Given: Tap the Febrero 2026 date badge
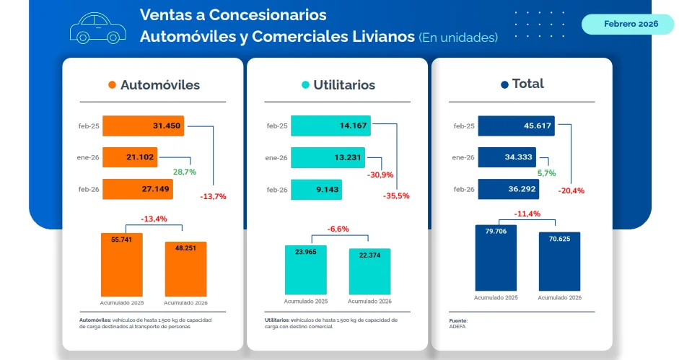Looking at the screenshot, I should coord(627,24).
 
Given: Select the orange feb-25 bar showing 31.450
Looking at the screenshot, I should coord(143,126).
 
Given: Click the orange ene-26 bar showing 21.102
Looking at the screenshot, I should coord(130,157).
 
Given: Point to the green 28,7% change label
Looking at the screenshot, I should coord(184,172).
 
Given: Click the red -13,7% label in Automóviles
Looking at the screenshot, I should coord(213,196).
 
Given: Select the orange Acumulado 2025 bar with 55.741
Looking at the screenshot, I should coord(121,264).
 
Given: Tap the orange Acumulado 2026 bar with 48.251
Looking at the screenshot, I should coord(185,268).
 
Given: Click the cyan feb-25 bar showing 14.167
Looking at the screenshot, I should coord(330,126).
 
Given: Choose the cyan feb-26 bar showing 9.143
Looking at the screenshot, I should coord(316,190).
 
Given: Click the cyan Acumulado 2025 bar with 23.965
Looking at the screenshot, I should coord(306,271).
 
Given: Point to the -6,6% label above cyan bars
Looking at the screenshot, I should coord(338,229).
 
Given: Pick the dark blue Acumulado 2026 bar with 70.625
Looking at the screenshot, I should coord(559,260).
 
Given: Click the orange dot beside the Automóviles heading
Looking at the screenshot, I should coord(112,85).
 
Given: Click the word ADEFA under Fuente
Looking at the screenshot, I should coord(457,326).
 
